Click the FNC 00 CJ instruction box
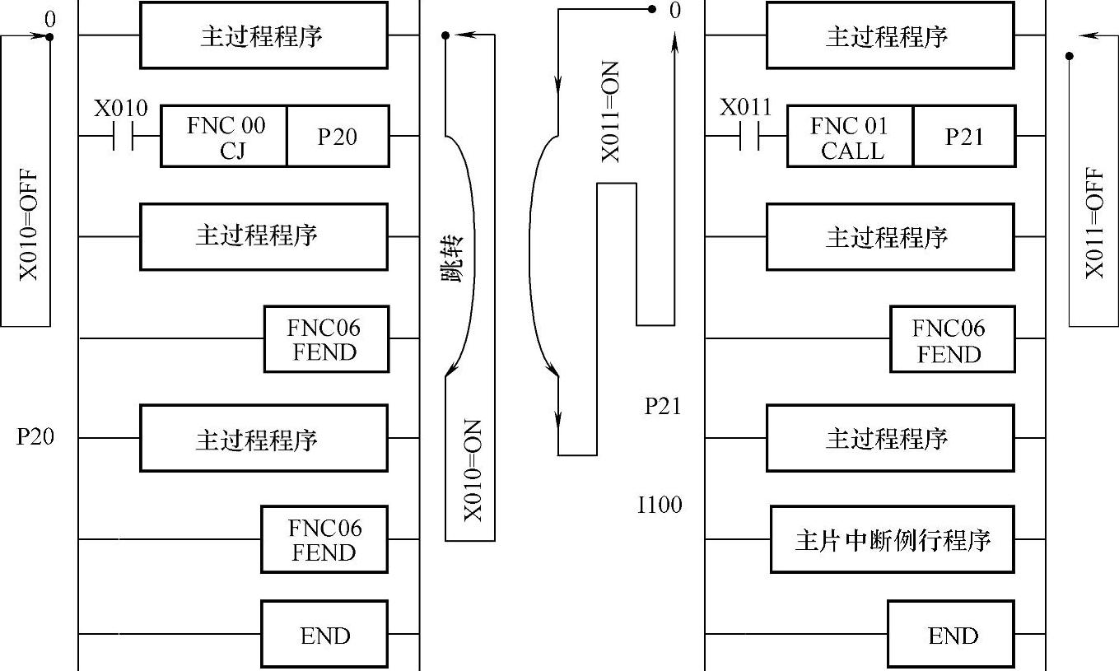[x=224, y=137]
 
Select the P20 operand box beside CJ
[x=338, y=137]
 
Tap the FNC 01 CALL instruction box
[x=851, y=137]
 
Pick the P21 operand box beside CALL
[x=963, y=137]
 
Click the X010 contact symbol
[x=123, y=137]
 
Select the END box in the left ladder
[x=324, y=635]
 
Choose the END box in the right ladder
[x=952, y=635]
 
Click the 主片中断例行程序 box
[x=892, y=540]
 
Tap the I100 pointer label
[x=660, y=505]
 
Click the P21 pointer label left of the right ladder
[x=663, y=406]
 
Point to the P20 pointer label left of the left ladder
[x=35, y=437]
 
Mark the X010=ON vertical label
[x=472, y=470]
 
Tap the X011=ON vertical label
[x=610, y=111]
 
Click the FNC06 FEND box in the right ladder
[x=952, y=340]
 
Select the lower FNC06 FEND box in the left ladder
[x=324, y=540]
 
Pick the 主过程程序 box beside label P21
[x=890, y=438]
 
